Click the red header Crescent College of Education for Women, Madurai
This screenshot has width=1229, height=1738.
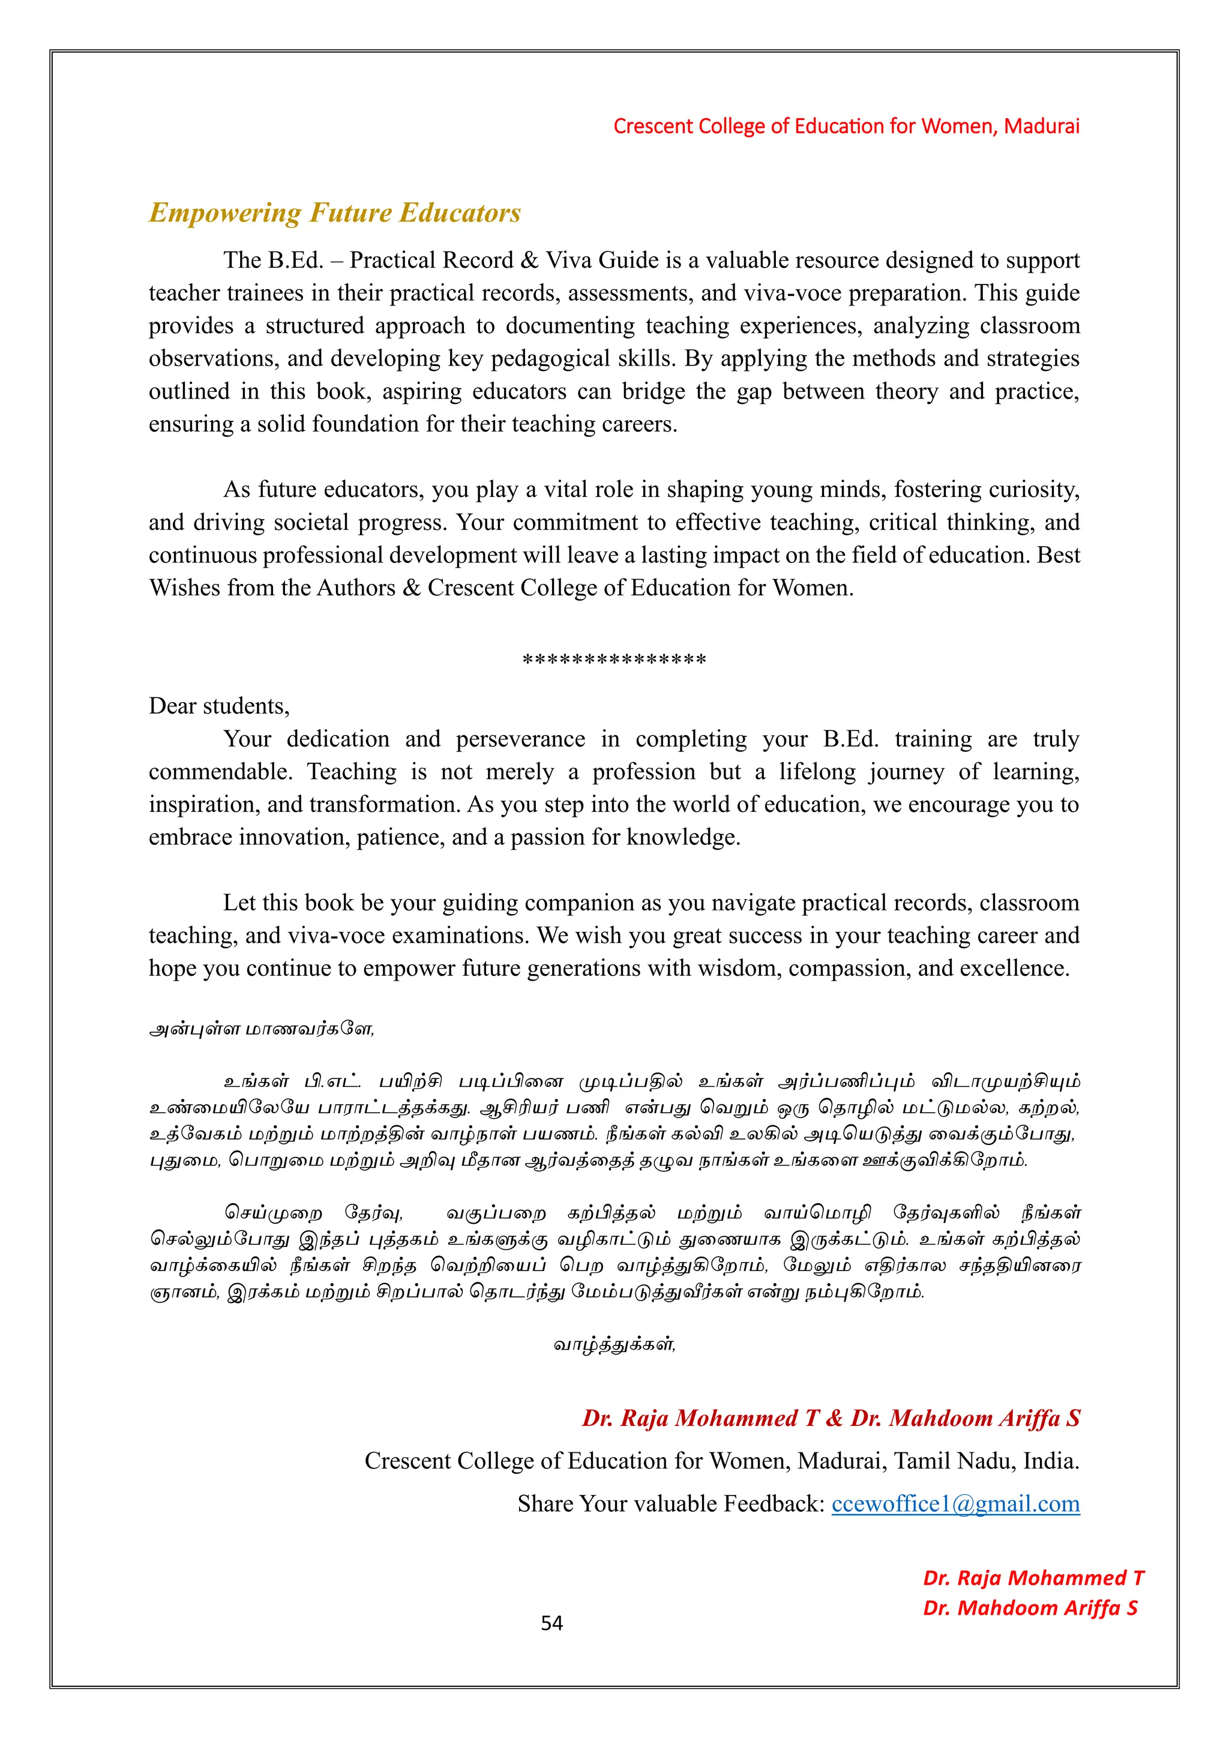(x=846, y=127)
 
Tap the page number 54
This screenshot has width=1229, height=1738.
(x=551, y=1622)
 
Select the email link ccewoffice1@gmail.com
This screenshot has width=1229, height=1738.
(x=955, y=1503)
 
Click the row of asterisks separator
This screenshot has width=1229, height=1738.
(x=614, y=660)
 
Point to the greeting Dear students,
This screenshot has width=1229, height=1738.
(x=218, y=706)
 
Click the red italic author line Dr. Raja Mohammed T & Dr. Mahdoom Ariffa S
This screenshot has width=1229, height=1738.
(x=830, y=1418)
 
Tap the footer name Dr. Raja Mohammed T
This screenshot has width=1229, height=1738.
(x=1033, y=1578)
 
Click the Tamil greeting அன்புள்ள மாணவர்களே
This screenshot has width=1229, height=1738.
(x=261, y=1029)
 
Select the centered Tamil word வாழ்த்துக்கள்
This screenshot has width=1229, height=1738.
(x=614, y=1344)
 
